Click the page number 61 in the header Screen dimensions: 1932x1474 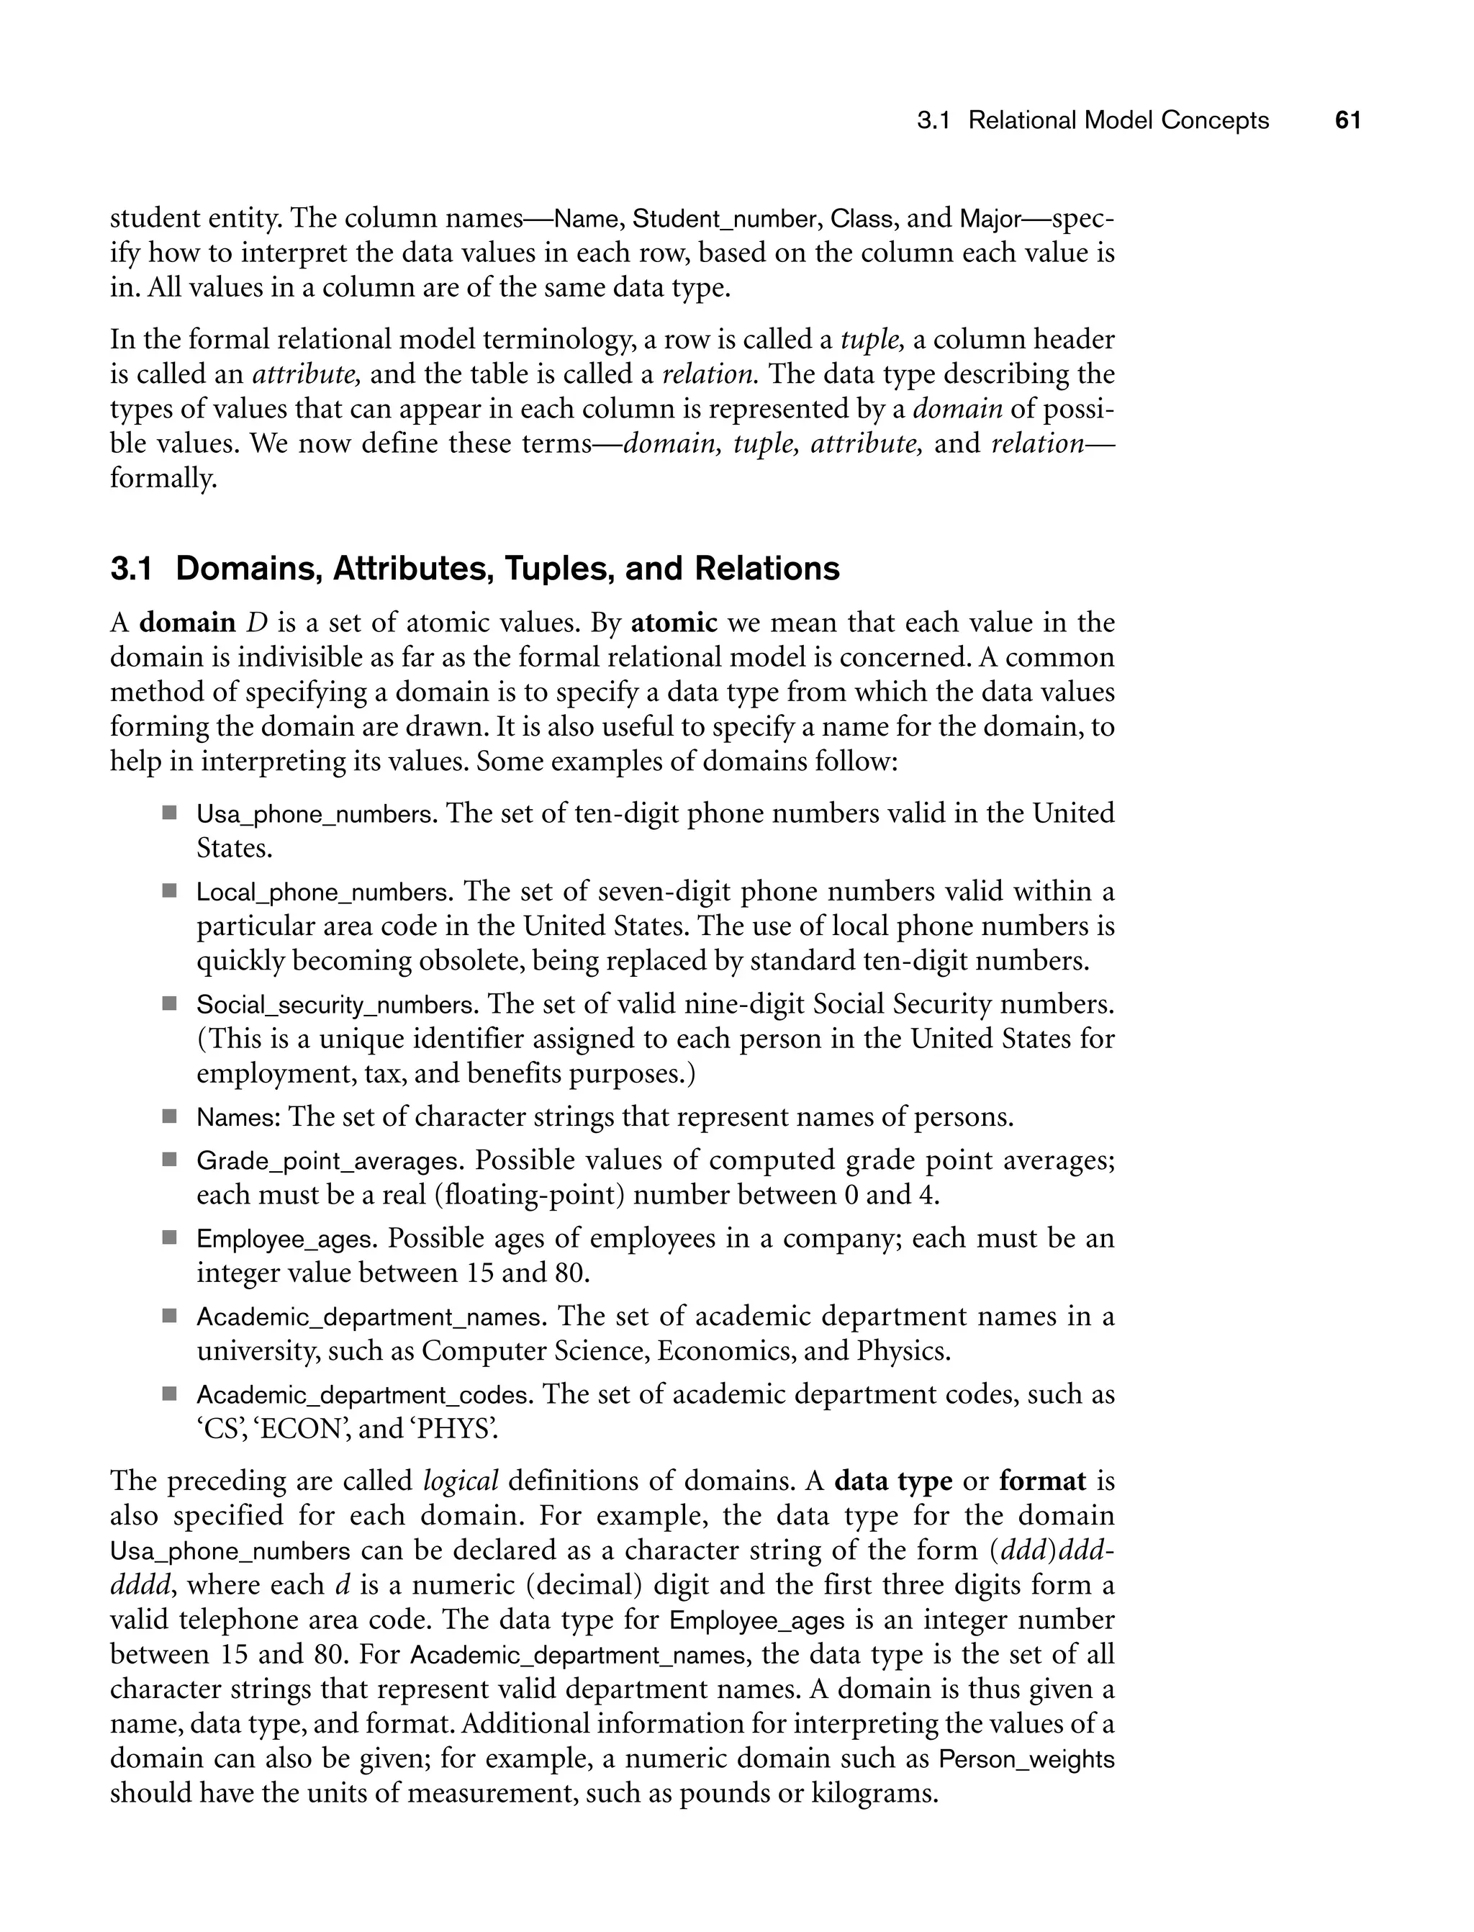click(x=1347, y=120)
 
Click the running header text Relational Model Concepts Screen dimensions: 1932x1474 click(x=1118, y=120)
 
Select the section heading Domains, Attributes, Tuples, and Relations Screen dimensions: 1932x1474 click(x=507, y=569)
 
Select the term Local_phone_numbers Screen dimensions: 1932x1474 click(x=322, y=893)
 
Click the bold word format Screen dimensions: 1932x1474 click(x=1041, y=1481)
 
